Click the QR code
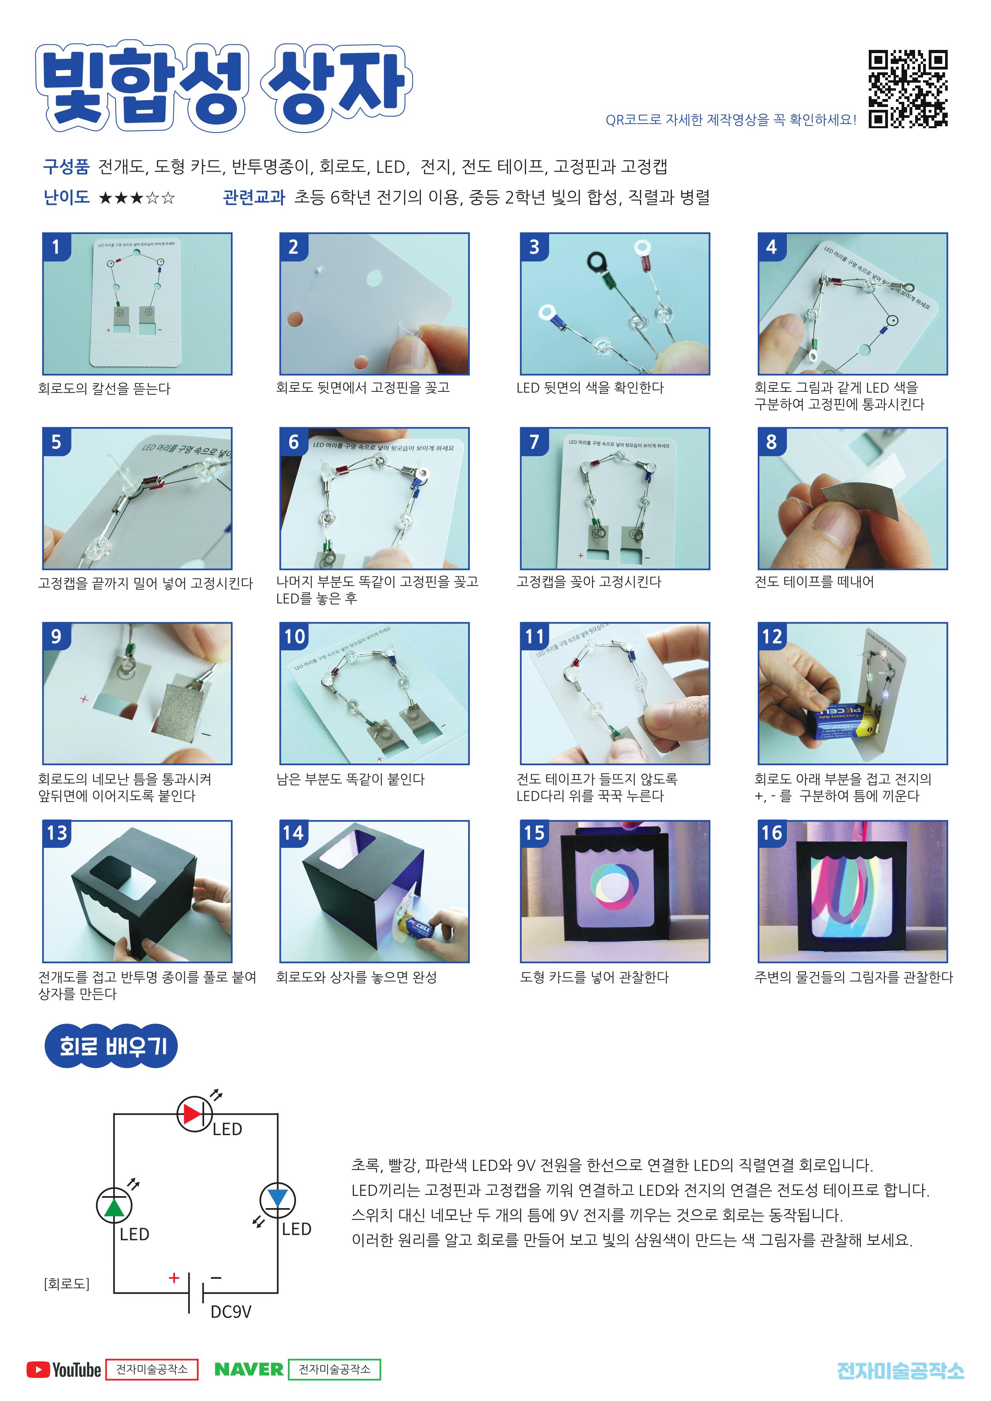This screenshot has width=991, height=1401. pyautogui.click(x=908, y=89)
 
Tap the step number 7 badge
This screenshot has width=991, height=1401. pyautogui.click(x=534, y=442)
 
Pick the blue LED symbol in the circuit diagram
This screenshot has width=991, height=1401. pyautogui.click(x=278, y=1199)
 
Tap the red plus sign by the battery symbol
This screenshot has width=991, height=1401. pyautogui.click(x=174, y=1278)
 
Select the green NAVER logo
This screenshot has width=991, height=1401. pyautogui.click(x=249, y=1370)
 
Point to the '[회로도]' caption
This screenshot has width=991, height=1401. pyautogui.click(x=67, y=1284)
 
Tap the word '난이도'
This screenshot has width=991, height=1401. pyautogui.click(x=67, y=197)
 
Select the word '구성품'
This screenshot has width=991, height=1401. pyautogui.click(x=67, y=166)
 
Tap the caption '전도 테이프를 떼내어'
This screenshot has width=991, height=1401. pyautogui.click(x=814, y=581)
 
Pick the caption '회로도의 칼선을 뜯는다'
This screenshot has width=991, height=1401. pyautogui.click(x=104, y=388)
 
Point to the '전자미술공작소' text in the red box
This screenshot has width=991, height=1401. pyautogui.click(x=152, y=1369)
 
